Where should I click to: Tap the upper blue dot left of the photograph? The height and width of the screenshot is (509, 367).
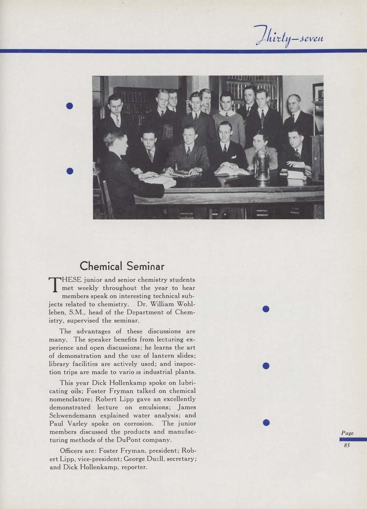coord(69,106)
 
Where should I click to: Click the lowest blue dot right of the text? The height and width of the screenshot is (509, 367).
coord(266,422)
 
